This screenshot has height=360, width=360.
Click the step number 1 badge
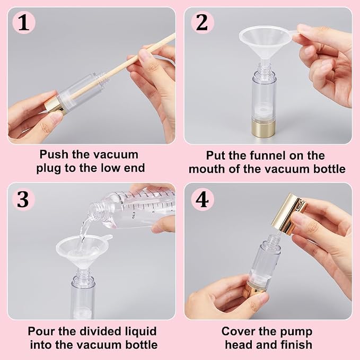coord(24,23)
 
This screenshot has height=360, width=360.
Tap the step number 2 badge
coord(203,23)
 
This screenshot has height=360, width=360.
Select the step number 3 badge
coord(23,199)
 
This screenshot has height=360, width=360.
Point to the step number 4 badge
coord(203,200)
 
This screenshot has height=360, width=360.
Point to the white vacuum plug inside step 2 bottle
coord(264,111)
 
